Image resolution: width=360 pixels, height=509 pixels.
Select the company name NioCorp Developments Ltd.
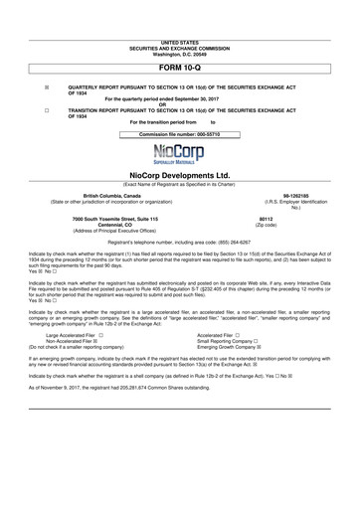click(x=179, y=175)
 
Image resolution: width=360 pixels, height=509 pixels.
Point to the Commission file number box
click(x=179, y=133)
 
